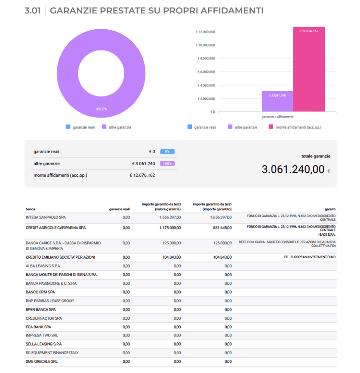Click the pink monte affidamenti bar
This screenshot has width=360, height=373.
[x=309, y=69]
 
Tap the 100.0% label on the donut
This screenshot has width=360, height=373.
[x=101, y=109]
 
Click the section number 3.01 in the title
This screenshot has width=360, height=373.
[x=33, y=11]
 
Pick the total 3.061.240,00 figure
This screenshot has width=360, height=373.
[x=293, y=170]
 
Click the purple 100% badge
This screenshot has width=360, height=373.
[x=167, y=163]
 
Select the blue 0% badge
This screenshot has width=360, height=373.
[x=167, y=151]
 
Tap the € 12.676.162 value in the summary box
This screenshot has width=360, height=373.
[x=142, y=175]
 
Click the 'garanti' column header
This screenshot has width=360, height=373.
[x=330, y=209]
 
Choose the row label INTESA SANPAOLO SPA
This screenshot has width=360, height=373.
[x=46, y=218]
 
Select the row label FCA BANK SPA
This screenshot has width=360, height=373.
[x=38, y=327]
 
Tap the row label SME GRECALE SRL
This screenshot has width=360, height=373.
[x=41, y=361]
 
